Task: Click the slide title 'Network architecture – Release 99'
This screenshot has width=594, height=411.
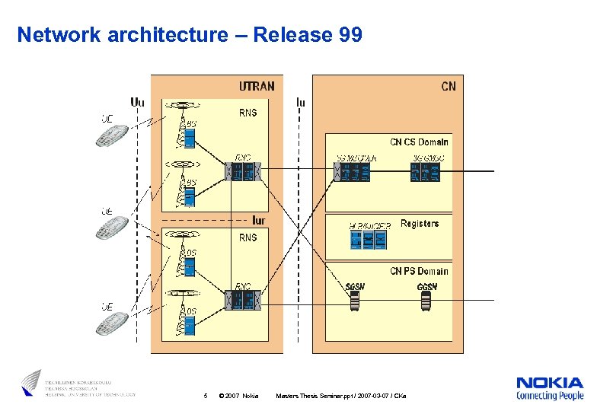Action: coord(190,35)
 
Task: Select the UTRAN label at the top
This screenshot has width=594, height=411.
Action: coord(257,86)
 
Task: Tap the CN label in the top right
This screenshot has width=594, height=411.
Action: coord(448,86)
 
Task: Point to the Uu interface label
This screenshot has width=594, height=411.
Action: coord(137,101)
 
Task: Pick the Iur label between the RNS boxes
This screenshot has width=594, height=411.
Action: coord(258,221)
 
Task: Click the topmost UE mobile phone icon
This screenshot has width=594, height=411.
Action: coord(111,135)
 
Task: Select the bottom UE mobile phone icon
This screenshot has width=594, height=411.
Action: coord(111,323)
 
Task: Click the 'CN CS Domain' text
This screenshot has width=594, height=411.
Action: coord(419,142)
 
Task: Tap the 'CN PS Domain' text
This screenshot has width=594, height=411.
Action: coord(419,271)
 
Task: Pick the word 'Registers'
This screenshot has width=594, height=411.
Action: coord(419,224)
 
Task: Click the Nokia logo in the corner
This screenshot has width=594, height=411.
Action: coord(549,388)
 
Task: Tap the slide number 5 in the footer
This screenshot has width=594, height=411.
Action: coord(206,396)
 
